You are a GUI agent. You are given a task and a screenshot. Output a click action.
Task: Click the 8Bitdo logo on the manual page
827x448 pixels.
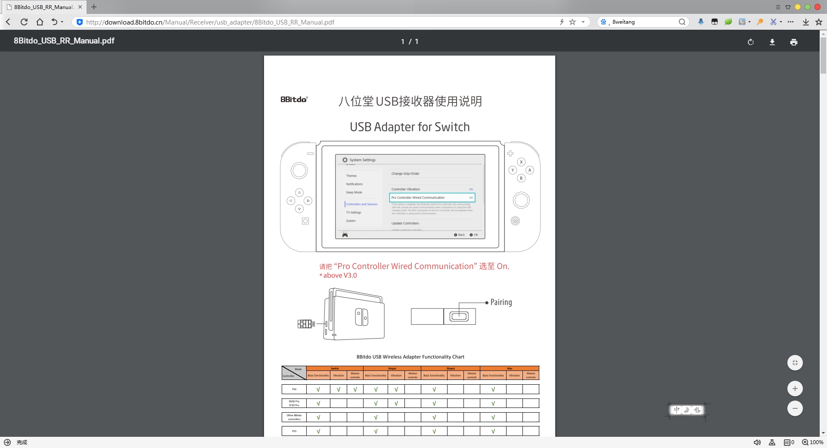click(x=294, y=100)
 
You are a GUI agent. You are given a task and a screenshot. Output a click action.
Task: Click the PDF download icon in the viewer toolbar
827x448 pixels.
click(x=772, y=42)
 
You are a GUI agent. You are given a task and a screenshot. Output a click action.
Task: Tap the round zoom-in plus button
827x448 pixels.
click(x=795, y=389)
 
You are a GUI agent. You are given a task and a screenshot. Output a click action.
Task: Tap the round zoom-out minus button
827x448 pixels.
click(x=795, y=408)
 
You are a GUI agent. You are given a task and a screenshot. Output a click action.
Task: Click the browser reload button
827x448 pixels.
click(x=24, y=22)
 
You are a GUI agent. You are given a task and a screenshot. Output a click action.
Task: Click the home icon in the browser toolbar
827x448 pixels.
click(x=40, y=22)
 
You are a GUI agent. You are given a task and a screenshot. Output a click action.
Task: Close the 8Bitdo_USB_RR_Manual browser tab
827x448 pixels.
click(x=80, y=7)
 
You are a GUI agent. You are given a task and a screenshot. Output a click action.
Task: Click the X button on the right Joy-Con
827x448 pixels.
click(x=521, y=162)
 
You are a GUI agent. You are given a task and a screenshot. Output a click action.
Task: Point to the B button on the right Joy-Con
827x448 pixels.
click(x=521, y=178)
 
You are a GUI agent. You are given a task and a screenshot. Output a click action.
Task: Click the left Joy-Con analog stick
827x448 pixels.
click(x=299, y=171)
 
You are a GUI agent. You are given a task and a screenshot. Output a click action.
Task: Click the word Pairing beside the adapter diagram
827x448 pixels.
click(x=501, y=302)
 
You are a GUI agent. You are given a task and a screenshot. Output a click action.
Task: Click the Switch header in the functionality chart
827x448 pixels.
click(x=335, y=368)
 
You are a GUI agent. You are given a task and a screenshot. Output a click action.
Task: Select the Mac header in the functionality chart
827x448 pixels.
click(x=510, y=368)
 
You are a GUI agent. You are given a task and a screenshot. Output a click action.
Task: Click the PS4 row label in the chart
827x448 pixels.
click(x=294, y=389)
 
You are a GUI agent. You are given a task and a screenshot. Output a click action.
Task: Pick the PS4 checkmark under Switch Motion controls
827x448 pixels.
click(x=355, y=389)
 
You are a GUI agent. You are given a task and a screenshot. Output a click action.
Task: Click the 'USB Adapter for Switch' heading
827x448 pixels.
click(x=410, y=127)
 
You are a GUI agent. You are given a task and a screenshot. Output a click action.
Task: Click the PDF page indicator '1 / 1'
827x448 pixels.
click(x=410, y=42)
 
